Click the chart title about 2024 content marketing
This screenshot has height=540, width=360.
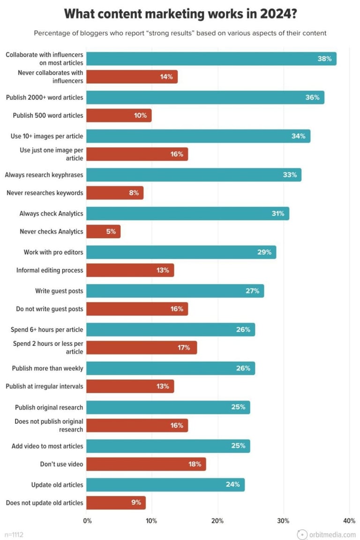[x=180, y=15]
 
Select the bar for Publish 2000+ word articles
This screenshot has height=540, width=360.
[x=205, y=97]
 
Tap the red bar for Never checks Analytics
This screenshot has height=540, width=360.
[x=104, y=232]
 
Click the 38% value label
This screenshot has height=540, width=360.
[x=324, y=59]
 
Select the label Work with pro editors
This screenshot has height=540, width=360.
[x=53, y=252]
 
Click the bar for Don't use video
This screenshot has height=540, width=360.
[x=146, y=464]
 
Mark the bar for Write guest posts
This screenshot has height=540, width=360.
[x=175, y=291]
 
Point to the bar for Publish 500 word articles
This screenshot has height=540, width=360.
[x=119, y=115]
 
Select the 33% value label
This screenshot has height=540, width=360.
[x=290, y=175]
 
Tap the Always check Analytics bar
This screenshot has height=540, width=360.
[x=188, y=213]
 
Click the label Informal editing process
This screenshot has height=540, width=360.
[x=50, y=270]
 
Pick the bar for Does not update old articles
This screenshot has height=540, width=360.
[x=116, y=503]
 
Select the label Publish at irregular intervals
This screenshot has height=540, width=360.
[x=45, y=387]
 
